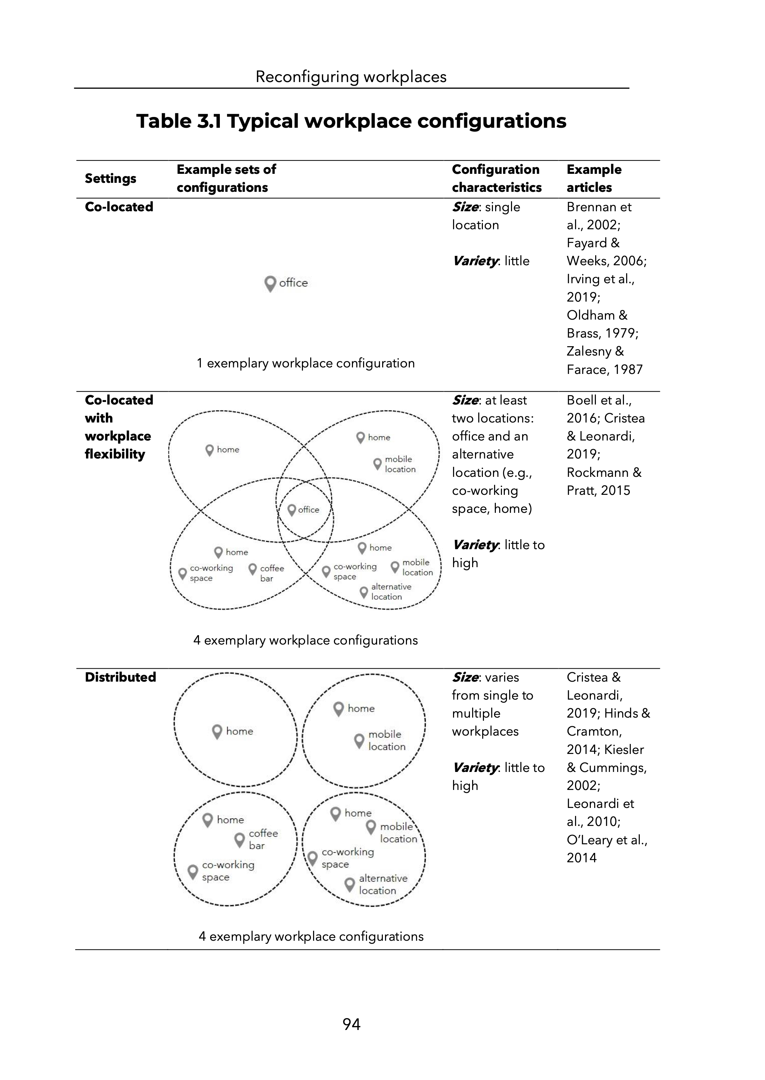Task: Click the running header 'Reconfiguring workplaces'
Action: pos(351,77)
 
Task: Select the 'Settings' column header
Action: pos(110,179)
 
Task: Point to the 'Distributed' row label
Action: pos(120,677)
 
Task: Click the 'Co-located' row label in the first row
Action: pos(119,207)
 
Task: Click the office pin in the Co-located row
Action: pos(270,284)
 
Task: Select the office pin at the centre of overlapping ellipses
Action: pos(291,510)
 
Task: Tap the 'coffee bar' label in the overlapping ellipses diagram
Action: pos(271,573)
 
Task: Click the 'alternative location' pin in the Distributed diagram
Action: pos(349,884)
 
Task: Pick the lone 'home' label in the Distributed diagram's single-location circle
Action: pos(239,731)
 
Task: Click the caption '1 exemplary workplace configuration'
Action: pos(305,363)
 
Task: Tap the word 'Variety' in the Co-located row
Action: pos(475,261)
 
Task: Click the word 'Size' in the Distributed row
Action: pos(465,677)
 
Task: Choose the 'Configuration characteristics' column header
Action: pos(497,179)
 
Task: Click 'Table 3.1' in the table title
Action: pos(179,121)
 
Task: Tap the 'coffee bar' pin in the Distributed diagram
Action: pos(240,839)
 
